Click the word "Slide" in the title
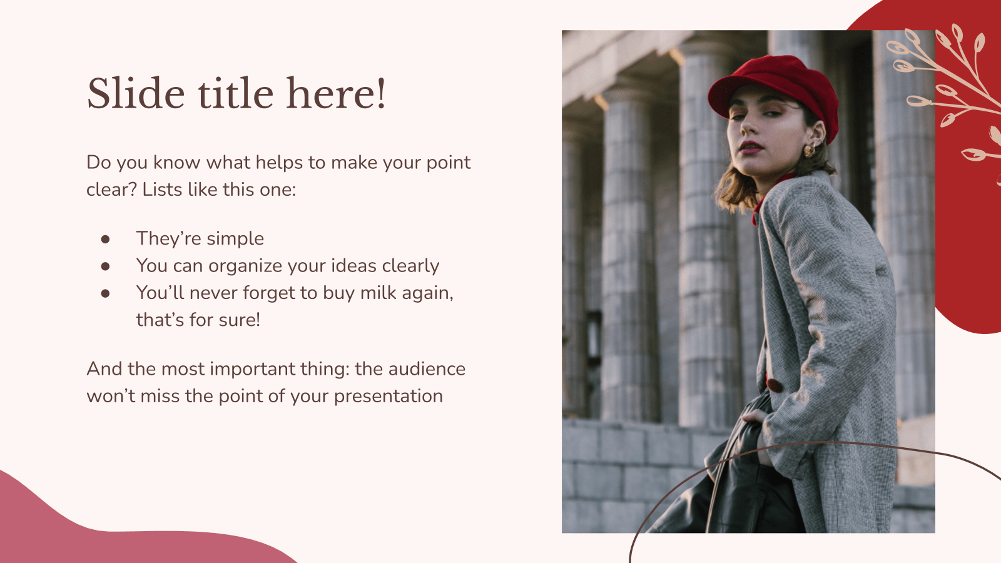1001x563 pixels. [x=136, y=94]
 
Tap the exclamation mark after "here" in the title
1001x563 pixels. [x=380, y=94]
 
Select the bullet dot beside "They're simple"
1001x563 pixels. [x=105, y=239]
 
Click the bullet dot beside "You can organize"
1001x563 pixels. [x=105, y=266]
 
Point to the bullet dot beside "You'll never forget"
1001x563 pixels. [x=105, y=293]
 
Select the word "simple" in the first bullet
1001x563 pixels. [x=235, y=239]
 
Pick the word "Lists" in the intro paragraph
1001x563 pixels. [x=162, y=190]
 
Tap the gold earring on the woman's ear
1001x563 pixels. [x=809, y=150]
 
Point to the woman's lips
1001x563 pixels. [x=749, y=148]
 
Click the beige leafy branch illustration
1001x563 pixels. [x=948, y=81]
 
